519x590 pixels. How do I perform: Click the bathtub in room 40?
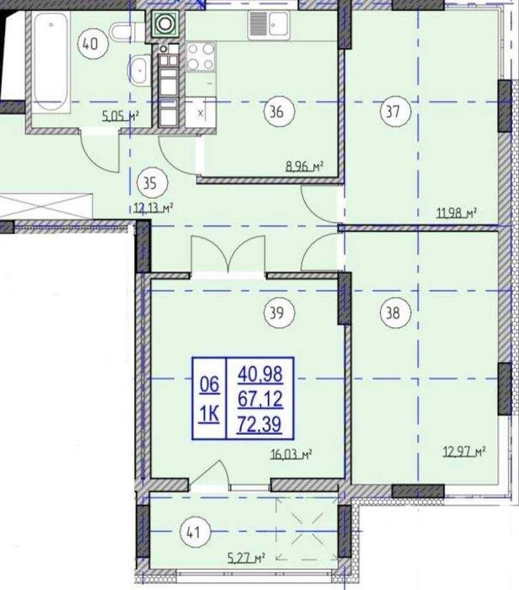(51, 62)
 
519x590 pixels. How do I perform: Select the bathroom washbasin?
(141, 70)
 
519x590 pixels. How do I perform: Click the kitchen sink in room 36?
(269, 24)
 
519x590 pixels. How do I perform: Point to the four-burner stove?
(201, 56)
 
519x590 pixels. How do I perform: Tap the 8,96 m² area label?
(305, 166)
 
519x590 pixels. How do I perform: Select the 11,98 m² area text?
(457, 213)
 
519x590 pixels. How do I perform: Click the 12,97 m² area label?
(463, 451)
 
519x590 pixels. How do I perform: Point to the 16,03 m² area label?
(292, 454)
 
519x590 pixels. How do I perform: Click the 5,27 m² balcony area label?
(246, 557)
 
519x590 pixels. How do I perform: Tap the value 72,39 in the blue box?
(259, 425)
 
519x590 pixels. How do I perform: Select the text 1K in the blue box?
(209, 415)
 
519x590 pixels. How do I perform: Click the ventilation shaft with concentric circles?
(165, 24)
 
